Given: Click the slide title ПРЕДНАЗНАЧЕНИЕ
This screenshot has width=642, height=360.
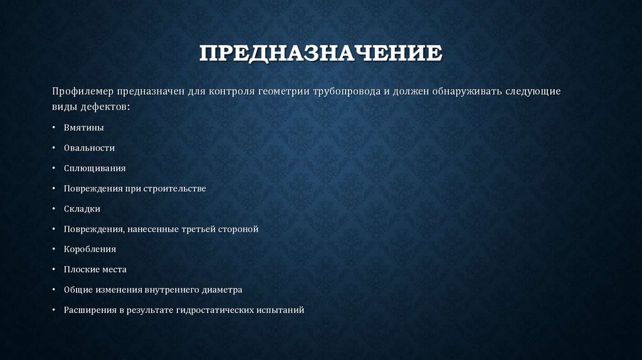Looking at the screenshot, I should [320, 53].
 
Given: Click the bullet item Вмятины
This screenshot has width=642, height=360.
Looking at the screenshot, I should [83, 127].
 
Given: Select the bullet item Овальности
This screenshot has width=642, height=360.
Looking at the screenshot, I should [88, 148].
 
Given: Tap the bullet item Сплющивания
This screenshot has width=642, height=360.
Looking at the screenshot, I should [94, 168].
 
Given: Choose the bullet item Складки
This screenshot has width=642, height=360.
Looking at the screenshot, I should [82, 209].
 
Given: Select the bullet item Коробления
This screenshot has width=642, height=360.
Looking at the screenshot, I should [90, 249].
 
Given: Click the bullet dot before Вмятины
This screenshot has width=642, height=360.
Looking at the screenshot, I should [54, 128].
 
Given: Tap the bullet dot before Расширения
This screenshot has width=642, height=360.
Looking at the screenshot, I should [54, 310].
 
